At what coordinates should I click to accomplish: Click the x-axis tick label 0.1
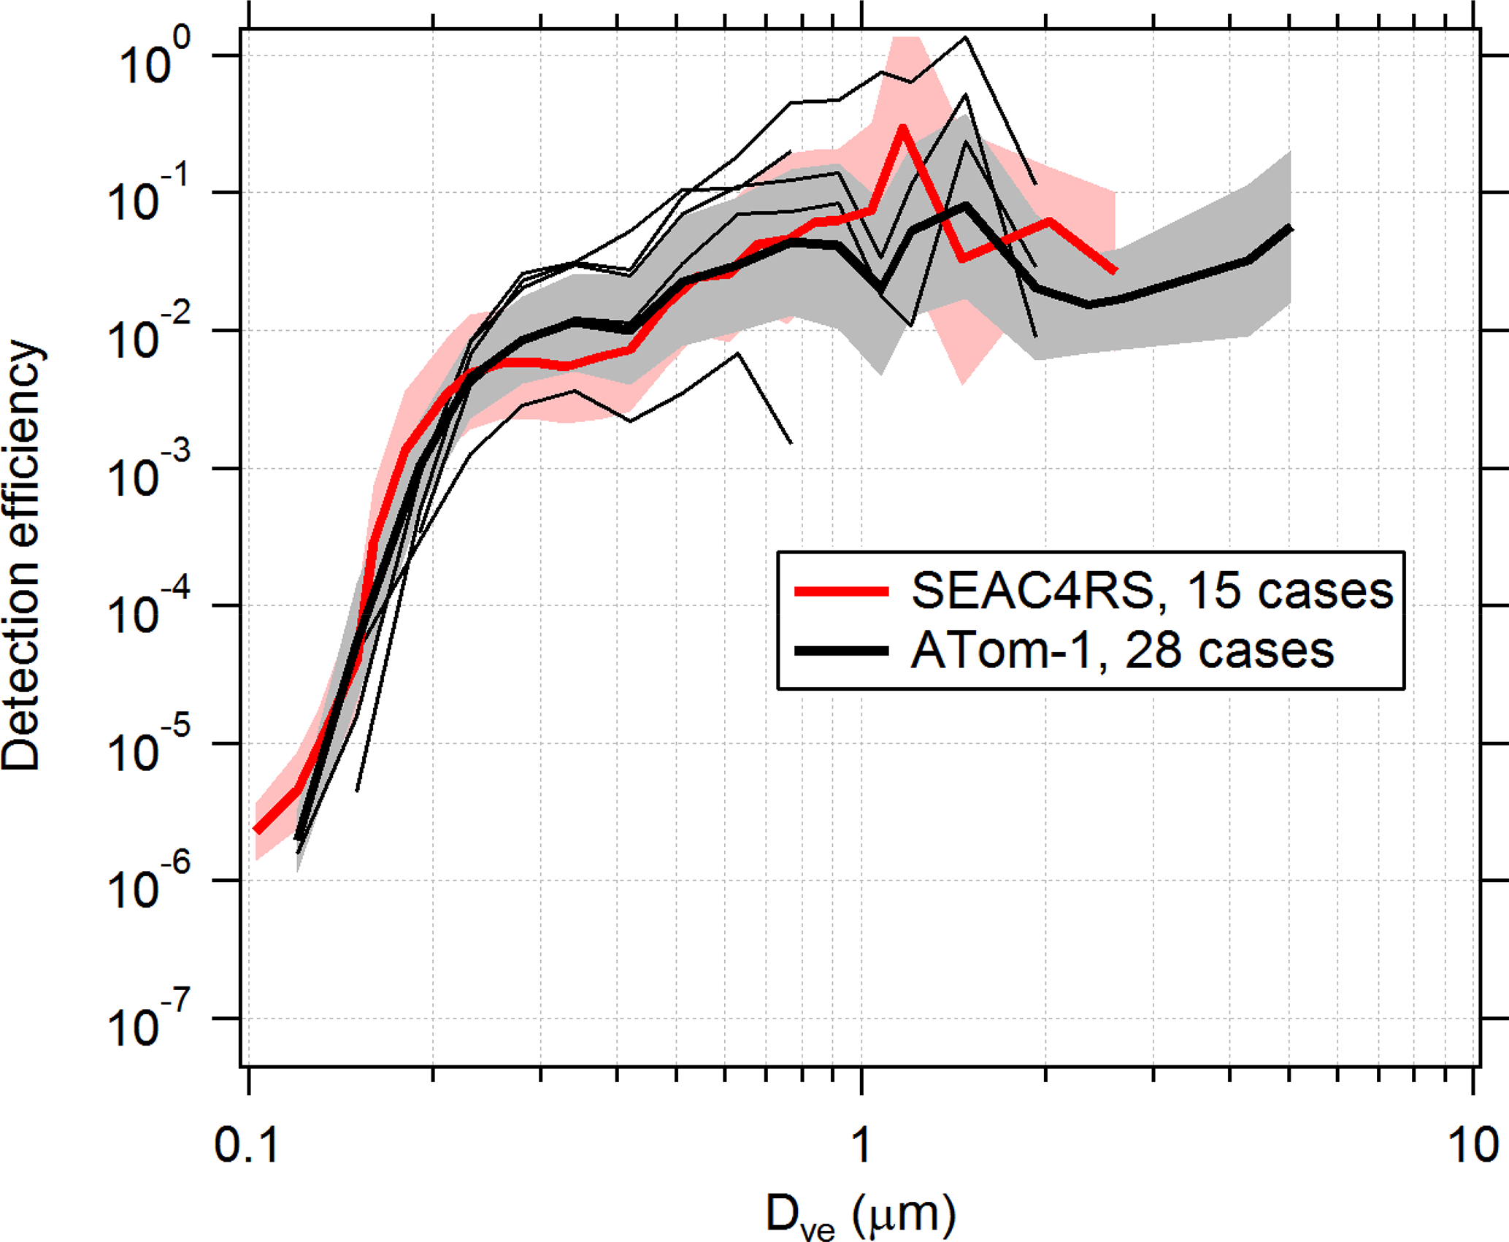click(247, 1144)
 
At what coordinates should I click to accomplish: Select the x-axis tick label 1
click(861, 1144)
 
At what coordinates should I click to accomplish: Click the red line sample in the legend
click(842, 591)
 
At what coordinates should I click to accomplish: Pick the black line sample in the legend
click(842, 650)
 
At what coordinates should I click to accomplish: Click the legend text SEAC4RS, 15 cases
click(1152, 590)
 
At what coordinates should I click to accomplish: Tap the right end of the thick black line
click(1290, 229)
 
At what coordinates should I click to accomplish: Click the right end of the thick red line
click(1115, 271)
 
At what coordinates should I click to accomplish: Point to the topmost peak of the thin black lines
click(965, 37)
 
